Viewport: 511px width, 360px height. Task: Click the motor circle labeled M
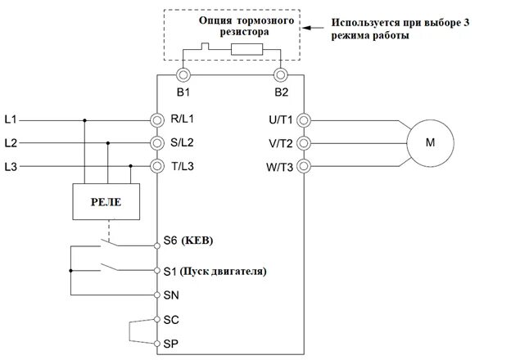[430, 142]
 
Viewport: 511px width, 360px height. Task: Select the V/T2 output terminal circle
[305, 143]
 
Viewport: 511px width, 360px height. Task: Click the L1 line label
[10, 119]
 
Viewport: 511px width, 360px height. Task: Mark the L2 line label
[10, 143]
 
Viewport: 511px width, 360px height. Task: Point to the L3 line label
[10, 167]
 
